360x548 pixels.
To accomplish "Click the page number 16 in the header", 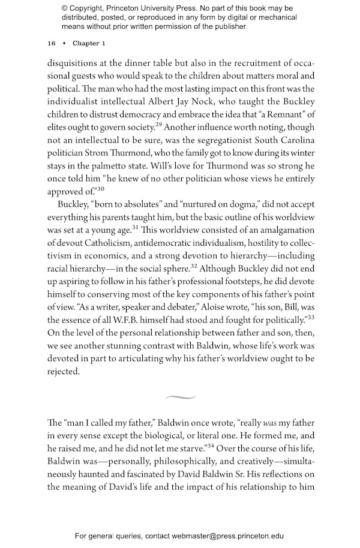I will pos(51,44).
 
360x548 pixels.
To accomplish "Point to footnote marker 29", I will pos(158,125).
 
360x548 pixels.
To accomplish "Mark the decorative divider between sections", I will pos(180,397).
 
